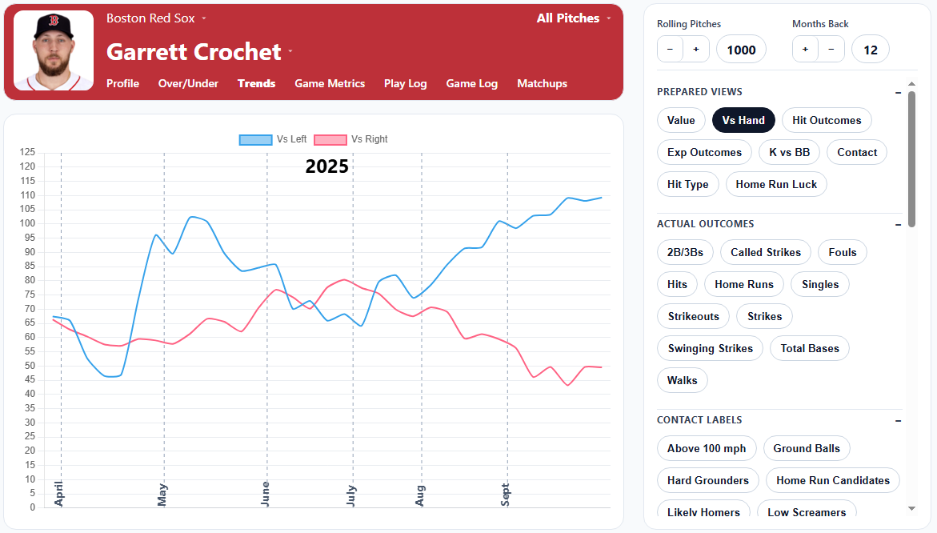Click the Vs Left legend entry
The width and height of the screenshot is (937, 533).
pos(273,139)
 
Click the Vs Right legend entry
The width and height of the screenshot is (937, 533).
pos(350,139)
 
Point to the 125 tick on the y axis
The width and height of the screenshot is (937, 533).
pos(28,152)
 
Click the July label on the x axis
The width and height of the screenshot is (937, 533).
pos(352,495)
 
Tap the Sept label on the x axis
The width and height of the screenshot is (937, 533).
pos(506,494)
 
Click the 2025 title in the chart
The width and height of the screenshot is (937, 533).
pos(327,166)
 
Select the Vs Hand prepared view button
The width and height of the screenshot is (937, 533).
pos(743,120)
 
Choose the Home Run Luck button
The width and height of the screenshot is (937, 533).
pos(776,184)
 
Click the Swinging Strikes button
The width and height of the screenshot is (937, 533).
pos(710,348)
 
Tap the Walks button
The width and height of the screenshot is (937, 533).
pos(682,380)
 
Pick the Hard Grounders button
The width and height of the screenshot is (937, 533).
pos(707,480)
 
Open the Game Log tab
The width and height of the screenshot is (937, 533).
pos(471,83)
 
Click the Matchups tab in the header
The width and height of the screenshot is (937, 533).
pos(542,83)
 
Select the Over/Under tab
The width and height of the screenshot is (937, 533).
pos(188,83)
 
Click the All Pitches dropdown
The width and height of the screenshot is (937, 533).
pos(573,18)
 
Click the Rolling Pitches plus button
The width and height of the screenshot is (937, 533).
pos(696,50)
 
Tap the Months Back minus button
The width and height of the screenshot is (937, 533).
pos(831,50)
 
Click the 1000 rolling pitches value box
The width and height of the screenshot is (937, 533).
pos(741,50)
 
